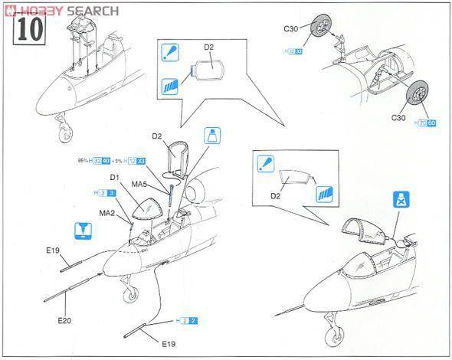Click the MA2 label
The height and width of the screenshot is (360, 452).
coord(107,213)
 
